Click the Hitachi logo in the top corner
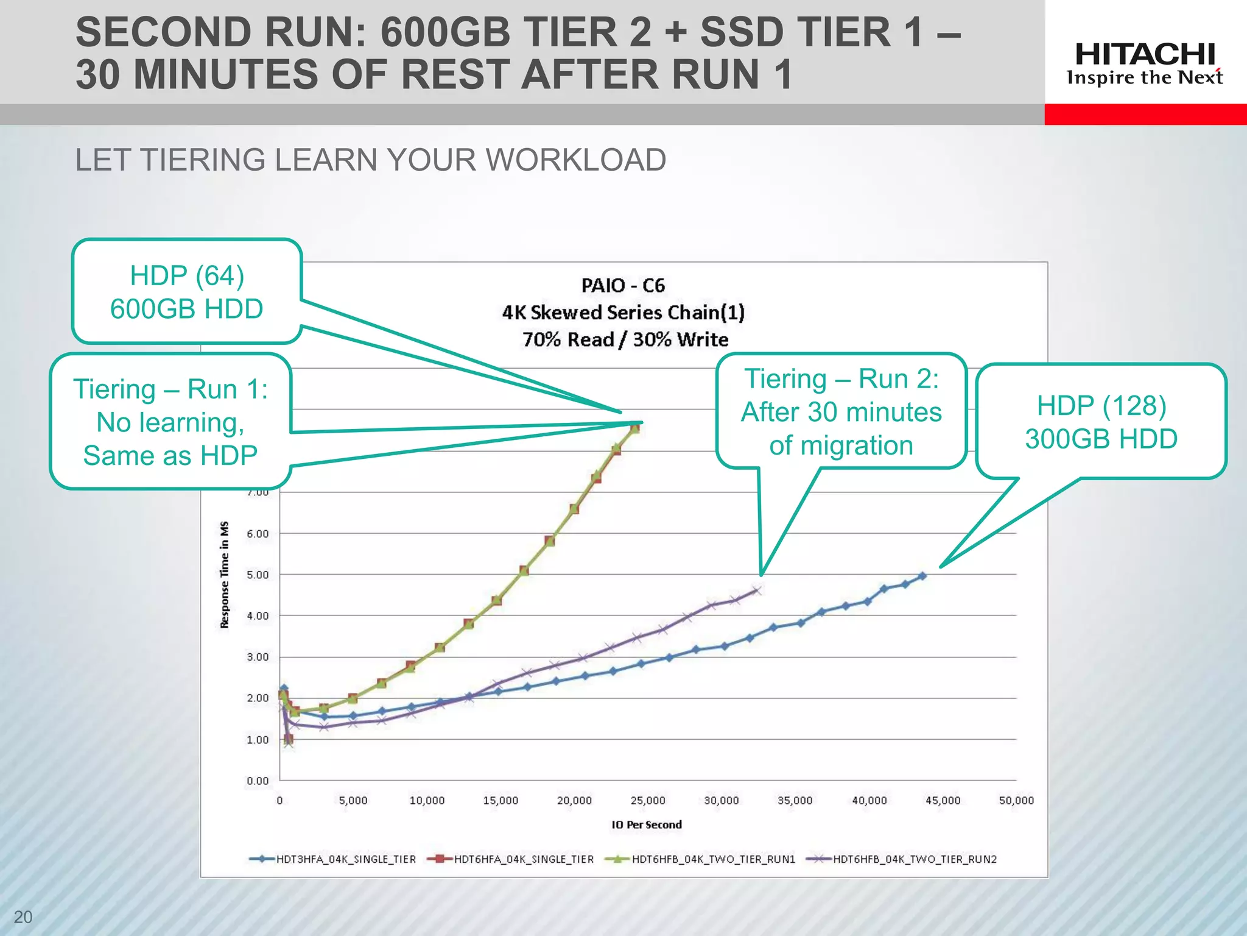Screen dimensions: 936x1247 point(1145,63)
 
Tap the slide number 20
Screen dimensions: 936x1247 point(23,916)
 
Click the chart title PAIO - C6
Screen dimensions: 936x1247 point(623,285)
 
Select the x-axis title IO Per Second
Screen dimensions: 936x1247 point(647,824)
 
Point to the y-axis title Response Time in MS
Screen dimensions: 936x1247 point(225,575)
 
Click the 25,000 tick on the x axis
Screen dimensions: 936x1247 point(648,800)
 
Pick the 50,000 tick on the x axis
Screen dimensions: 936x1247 point(1016,800)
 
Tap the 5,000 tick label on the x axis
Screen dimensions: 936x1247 point(353,800)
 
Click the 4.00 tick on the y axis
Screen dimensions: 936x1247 point(258,615)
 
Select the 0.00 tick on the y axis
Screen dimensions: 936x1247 point(258,781)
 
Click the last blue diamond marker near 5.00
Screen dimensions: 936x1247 point(922,576)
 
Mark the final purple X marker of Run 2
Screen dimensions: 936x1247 point(757,590)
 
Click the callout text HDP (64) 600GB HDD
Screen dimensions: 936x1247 point(186,292)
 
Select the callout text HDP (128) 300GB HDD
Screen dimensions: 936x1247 point(1101,422)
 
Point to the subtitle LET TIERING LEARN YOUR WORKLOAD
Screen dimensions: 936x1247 point(370,160)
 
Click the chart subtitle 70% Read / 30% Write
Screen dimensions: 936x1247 point(625,339)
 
